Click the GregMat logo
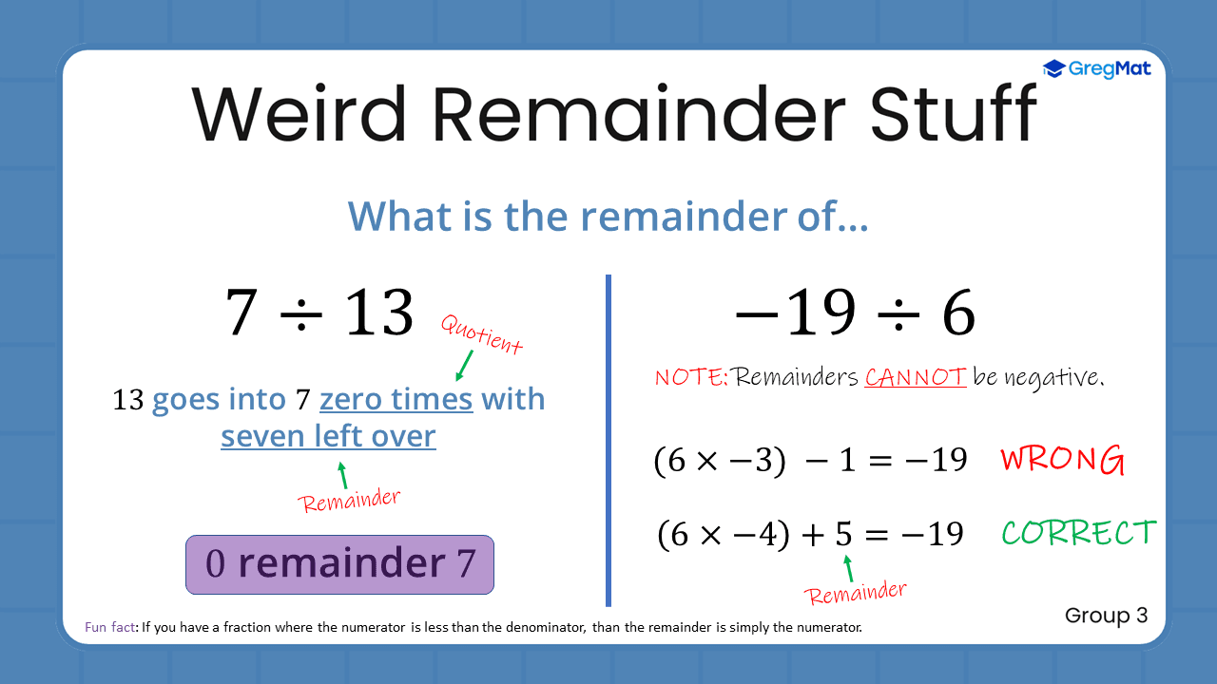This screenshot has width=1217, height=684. click(1096, 68)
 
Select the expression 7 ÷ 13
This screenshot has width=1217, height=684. click(319, 313)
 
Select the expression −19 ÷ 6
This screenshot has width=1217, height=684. click(855, 313)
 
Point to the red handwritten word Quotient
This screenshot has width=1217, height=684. click(482, 334)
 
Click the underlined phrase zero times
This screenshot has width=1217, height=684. click(396, 399)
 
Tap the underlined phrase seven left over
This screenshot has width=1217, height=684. click(328, 436)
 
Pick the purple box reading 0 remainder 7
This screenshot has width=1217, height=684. click(339, 564)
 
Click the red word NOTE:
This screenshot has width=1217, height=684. click(691, 377)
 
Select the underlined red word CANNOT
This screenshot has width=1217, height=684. click(915, 377)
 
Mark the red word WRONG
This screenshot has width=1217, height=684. click(1062, 461)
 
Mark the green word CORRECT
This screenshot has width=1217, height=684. click(1079, 533)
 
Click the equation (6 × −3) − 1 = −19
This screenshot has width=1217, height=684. click(810, 461)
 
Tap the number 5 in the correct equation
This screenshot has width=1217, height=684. click(843, 534)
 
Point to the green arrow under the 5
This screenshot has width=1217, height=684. click(848, 568)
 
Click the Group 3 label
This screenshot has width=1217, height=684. click(1106, 616)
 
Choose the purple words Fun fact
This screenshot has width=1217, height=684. click(111, 628)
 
